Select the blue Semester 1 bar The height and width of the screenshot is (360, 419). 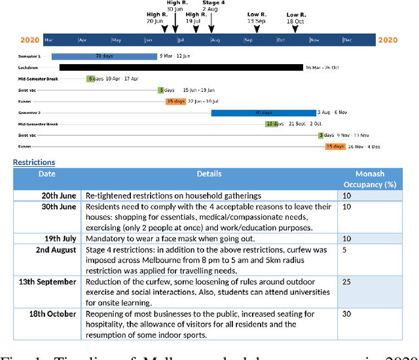(x=103, y=56)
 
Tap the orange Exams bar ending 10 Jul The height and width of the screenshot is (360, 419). (x=175, y=101)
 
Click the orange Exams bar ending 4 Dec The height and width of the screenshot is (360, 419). (x=335, y=147)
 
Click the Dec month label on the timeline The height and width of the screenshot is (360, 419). (x=347, y=41)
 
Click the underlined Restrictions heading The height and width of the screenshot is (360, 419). (x=34, y=162)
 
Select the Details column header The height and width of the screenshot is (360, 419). (x=209, y=174)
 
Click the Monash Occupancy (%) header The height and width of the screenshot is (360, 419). (x=370, y=179)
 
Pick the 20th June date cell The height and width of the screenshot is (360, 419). (x=59, y=196)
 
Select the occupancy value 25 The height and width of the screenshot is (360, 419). (x=347, y=281)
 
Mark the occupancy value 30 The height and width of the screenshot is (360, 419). (x=347, y=314)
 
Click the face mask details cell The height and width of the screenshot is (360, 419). (x=209, y=238)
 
